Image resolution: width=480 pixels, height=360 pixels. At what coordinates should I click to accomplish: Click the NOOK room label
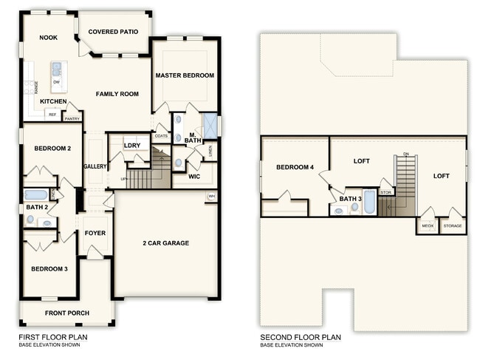(x=49, y=38)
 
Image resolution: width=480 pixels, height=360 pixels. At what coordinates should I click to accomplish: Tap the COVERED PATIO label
(x=114, y=32)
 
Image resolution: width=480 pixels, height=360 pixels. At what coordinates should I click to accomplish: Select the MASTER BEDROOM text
(x=185, y=75)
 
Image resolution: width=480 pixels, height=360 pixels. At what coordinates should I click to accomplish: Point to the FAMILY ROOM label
(x=117, y=94)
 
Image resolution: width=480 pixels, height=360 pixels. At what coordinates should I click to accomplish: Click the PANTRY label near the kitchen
(x=72, y=118)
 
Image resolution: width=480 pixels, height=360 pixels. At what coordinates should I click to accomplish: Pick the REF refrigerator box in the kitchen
(x=52, y=115)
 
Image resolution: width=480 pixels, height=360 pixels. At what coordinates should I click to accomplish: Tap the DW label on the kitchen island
(x=56, y=83)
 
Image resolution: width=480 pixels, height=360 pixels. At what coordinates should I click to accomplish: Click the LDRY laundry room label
(x=132, y=146)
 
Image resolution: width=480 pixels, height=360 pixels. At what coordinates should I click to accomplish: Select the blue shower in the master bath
(x=210, y=124)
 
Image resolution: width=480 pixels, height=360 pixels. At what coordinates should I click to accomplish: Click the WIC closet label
(x=194, y=177)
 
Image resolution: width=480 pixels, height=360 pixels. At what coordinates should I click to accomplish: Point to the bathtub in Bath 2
(x=35, y=195)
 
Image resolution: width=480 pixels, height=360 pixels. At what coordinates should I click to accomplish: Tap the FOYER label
(x=95, y=233)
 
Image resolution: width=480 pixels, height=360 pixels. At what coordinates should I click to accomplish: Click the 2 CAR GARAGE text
(x=166, y=242)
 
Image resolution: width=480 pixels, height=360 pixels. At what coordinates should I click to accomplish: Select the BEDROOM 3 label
(x=49, y=268)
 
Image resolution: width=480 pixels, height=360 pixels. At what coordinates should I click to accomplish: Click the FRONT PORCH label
(x=67, y=313)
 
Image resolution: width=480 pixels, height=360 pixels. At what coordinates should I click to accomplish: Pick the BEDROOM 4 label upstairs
(x=295, y=168)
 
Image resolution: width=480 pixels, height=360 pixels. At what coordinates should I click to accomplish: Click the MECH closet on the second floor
(x=428, y=226)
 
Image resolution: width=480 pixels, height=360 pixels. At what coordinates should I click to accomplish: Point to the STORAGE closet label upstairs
(x=453, y=226)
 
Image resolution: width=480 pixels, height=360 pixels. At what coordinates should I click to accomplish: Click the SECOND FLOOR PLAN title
(x=301, y=337)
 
